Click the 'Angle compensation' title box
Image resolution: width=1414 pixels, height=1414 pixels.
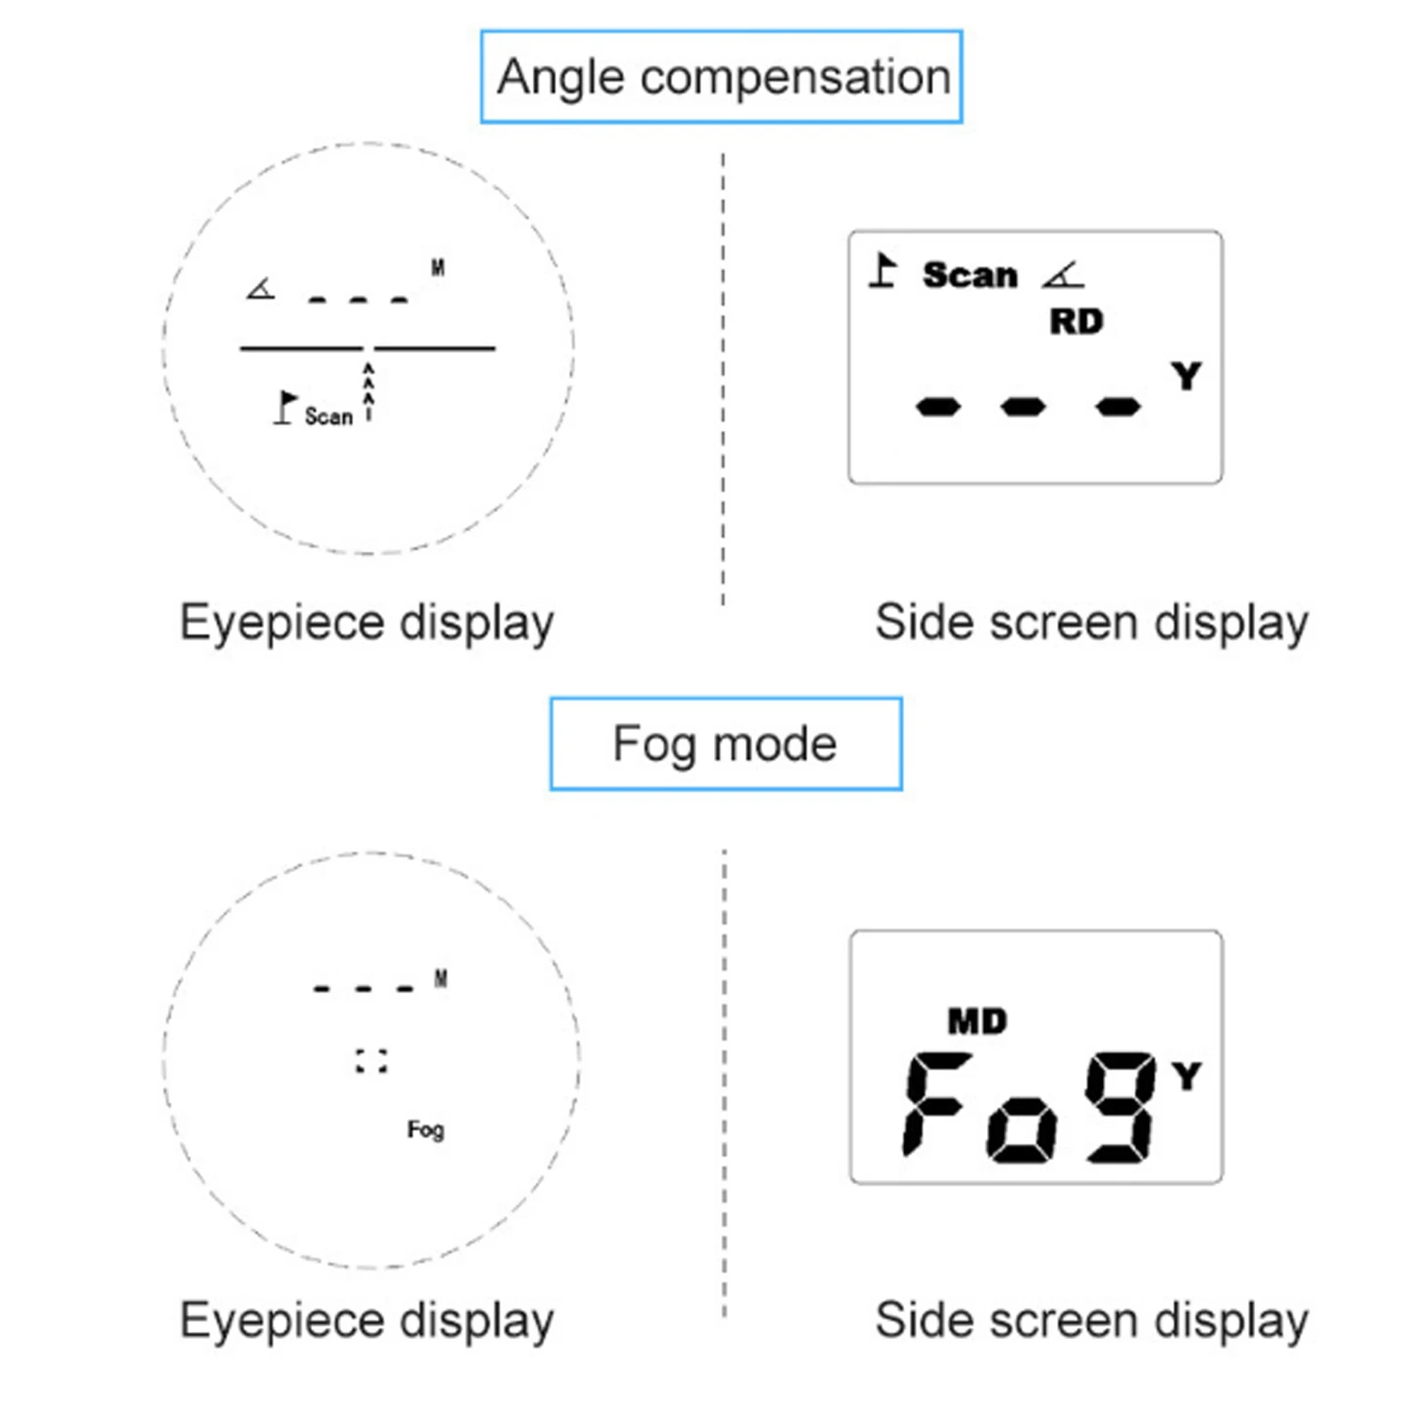720,77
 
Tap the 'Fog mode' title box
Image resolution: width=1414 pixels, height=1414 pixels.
725,743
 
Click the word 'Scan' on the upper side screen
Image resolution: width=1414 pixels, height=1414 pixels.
969,275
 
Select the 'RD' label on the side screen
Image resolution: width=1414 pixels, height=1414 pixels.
1076,322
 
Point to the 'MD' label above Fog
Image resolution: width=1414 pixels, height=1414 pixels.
977,1022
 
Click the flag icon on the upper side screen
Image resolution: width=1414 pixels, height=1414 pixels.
883,270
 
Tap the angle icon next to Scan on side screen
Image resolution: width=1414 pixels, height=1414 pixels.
1062,275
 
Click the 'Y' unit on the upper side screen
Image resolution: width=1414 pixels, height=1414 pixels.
1186,376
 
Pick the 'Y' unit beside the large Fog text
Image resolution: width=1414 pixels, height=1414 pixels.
1186,1076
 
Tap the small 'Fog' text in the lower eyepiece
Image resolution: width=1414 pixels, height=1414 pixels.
425,1129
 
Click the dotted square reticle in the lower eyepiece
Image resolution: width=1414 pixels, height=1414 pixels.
371,1060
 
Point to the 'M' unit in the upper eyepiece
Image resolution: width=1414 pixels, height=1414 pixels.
437,267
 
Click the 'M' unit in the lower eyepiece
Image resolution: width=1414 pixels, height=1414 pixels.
441,978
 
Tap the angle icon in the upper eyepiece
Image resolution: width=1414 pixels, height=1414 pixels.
261,288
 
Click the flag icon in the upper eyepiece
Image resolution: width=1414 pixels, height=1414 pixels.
285,407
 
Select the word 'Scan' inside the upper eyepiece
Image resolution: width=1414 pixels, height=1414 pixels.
328,415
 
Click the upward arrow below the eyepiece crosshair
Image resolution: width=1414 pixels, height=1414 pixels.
369,389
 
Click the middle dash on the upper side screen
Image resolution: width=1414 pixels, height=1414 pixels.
1023,407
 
